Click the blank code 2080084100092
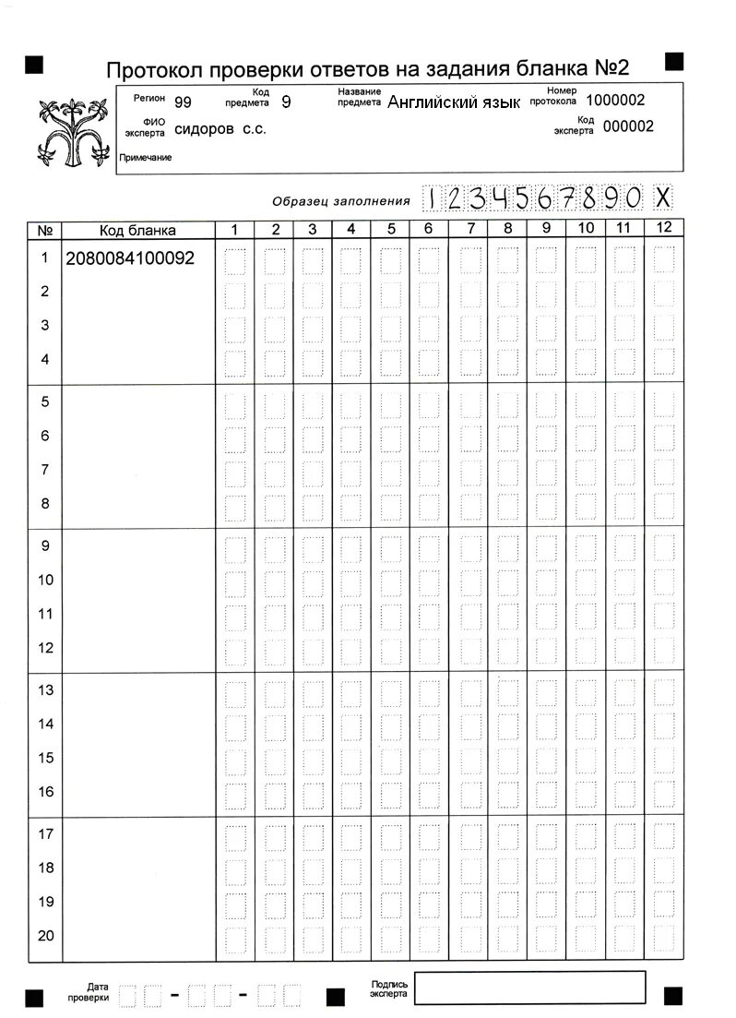click(x=130, y=258)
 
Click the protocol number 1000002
click(x=615, y=101)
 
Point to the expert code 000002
click(x=628, y=127)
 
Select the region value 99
click(x=183, y=102)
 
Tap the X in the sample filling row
click(x=662, y=198)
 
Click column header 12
click(x=662, y=228)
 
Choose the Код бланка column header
click(x=137, y=230)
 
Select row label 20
click(x=45, y=935)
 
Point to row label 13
click(x=45, y=689)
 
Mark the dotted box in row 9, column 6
click(x=429, y=547)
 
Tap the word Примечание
click(x=146, y=158)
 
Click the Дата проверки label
click(x=90, y=992)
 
